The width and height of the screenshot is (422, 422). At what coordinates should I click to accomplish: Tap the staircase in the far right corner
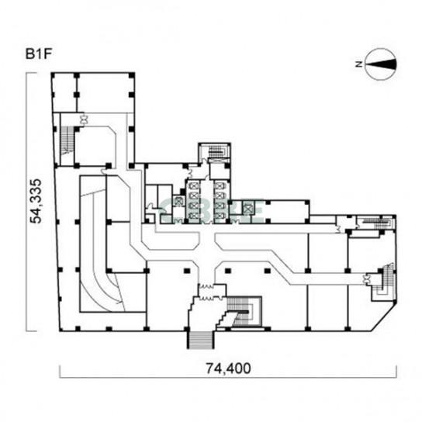pos(382,284)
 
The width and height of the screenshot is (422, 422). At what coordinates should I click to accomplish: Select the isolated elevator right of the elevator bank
pos(247,207)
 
